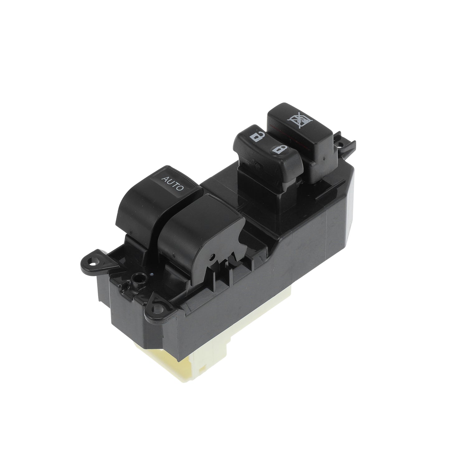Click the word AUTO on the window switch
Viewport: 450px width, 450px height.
point(173,183)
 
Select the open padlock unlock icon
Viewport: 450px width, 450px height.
point(257,136)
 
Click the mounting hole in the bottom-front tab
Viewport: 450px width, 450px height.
point(159,310)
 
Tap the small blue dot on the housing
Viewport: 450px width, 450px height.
point(152,274)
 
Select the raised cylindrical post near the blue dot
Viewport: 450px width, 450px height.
point(137,277)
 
